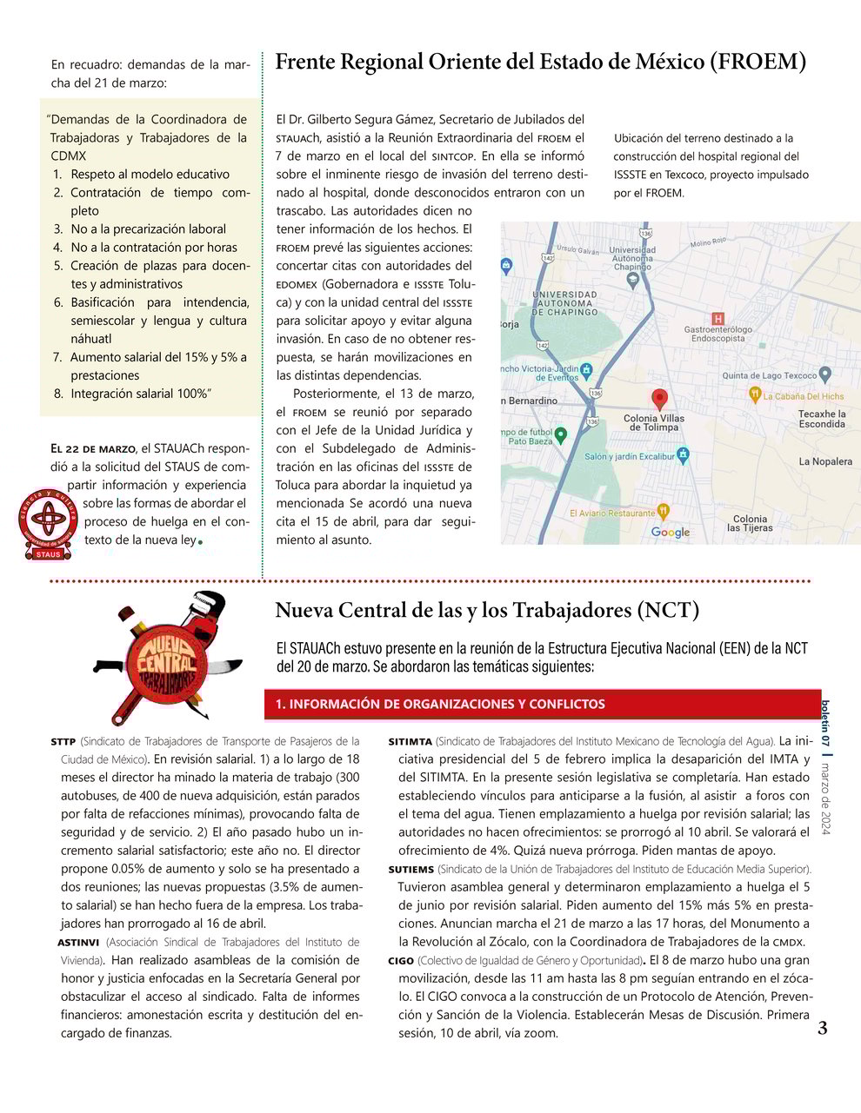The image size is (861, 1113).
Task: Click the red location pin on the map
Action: [x=659, y=400]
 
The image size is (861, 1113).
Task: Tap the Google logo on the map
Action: [x=670, y=532]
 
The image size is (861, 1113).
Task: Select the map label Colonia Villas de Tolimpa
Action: [x=654, y=423]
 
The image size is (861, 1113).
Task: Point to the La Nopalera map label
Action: [x=825, y=461]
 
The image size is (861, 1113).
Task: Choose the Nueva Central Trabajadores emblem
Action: [x=170, y=657]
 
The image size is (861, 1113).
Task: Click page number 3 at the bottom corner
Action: [x=822, y=1029]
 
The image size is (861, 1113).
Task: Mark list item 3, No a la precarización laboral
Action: [x=148, y=229]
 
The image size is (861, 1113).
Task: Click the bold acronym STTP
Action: [x=63, y=742]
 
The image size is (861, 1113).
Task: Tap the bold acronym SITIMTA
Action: [x=410, y=742]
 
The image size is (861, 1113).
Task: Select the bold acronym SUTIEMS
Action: [x=410, y=870]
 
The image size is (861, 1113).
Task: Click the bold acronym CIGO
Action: [x=400, y=961]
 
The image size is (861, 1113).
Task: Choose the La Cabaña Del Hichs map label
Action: [x=803, y=396]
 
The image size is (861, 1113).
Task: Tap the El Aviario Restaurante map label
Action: [x=612, y=513]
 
